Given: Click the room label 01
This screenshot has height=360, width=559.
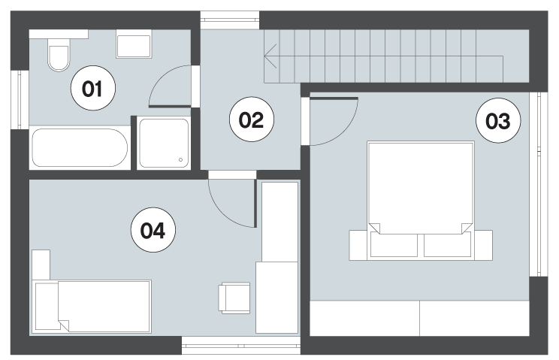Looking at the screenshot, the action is (93, 88).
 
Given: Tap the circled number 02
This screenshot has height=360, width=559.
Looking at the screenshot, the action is (252, 119).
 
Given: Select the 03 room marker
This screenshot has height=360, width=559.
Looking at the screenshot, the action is (498, 120).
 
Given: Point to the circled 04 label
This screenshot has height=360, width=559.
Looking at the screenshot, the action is (153, 230).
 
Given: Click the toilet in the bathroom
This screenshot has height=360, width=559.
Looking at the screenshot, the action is (59, 55).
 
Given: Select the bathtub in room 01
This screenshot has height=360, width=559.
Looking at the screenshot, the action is (80, 147).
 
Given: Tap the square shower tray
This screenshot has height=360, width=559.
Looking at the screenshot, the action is (164, 144).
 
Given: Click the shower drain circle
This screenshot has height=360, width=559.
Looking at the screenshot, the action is (181, 159).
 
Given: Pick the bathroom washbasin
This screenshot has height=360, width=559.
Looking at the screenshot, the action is (134, 44).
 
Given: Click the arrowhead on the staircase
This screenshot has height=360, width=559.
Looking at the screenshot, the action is (270, 56).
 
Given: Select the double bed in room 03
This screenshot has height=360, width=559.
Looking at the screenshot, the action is (421, 201).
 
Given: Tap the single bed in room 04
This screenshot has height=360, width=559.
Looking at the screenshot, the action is (92, 307).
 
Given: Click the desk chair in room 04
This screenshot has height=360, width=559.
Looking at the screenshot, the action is (234, 298).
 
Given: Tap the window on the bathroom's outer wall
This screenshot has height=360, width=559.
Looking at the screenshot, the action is (20, 100).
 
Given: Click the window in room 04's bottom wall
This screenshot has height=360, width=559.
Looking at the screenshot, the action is (241, 346).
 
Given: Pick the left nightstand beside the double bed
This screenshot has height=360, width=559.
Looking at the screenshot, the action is (358, 245).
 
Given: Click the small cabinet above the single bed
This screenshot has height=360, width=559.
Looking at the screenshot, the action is (41, 265).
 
